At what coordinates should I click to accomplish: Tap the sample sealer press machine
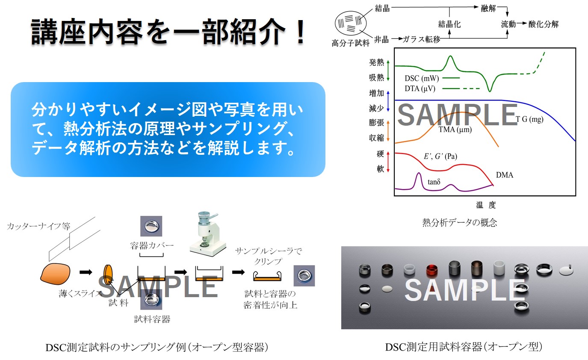[x=208, y=233]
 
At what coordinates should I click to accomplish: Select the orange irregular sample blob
[x=56, y=274]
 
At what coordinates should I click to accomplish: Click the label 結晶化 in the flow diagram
[x=449, y=24]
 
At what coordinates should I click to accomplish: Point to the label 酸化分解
[x=544, y=24]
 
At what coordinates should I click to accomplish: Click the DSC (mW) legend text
[x=422, y=78]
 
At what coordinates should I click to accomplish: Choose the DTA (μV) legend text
[x=420, y=89]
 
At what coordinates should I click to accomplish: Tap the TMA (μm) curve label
[x=455, y=130]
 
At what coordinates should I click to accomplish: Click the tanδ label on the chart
[x=434, y=182]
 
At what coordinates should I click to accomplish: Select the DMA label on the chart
[x=504, y=175]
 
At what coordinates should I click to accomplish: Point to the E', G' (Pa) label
[x=440, y=156]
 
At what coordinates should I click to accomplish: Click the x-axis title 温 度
[x=486, y=205]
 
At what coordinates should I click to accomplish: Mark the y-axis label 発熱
[x=376, y=62]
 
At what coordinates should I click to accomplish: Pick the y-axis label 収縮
[x=376, y=138]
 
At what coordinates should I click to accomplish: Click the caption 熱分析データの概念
[x=459, y=222]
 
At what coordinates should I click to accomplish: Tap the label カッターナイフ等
[x=38, y=226]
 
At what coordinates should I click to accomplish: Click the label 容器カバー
[x=152, y=245]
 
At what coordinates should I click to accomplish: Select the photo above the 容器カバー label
[x=151, y=226]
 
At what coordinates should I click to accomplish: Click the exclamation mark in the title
[x=299, y=32]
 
